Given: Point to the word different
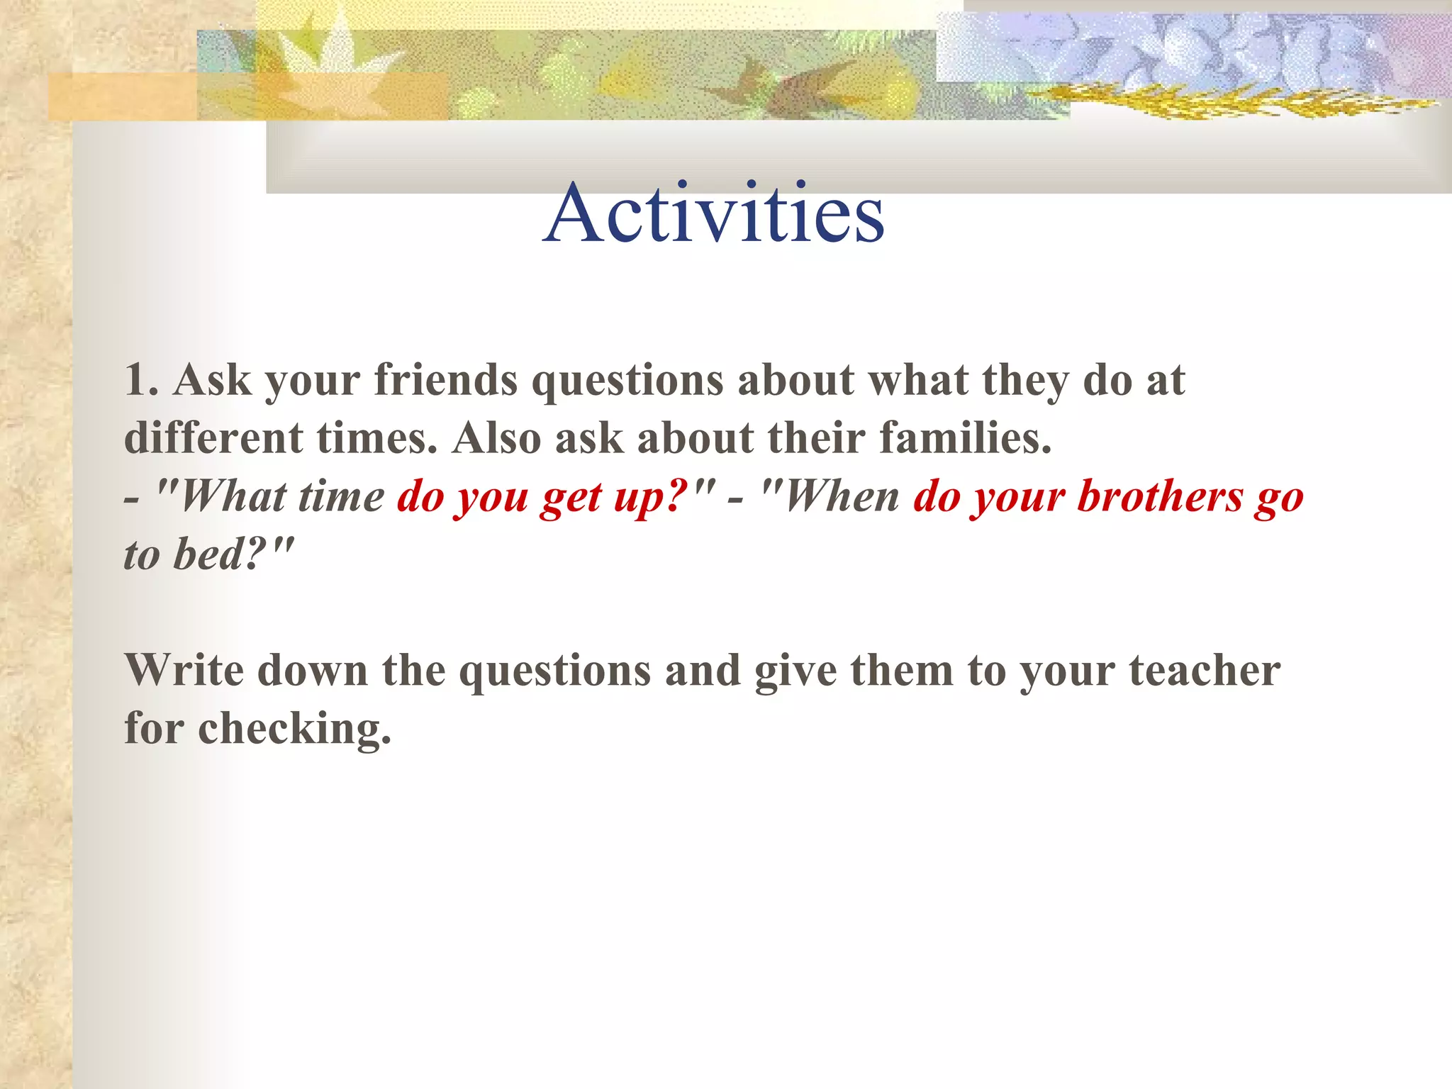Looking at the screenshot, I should (x=213, y=437).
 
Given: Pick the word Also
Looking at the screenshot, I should (x=496, y=437).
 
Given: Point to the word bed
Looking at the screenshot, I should (x=208, y=554).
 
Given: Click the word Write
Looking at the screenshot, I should (x=185, y=670).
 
